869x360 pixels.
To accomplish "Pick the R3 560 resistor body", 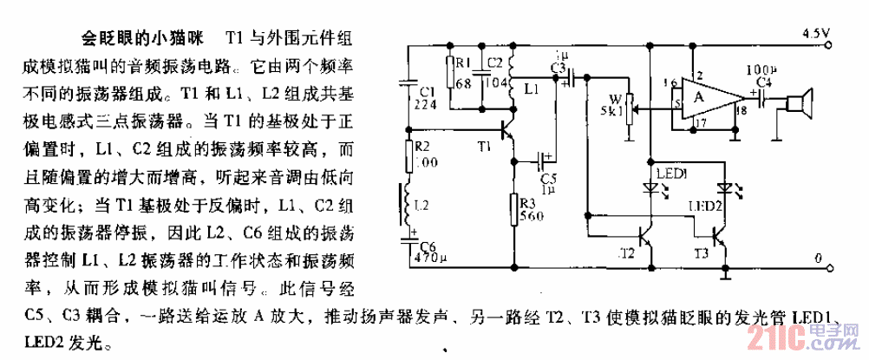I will point(515,209).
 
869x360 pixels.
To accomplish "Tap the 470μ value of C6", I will point(430,257).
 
